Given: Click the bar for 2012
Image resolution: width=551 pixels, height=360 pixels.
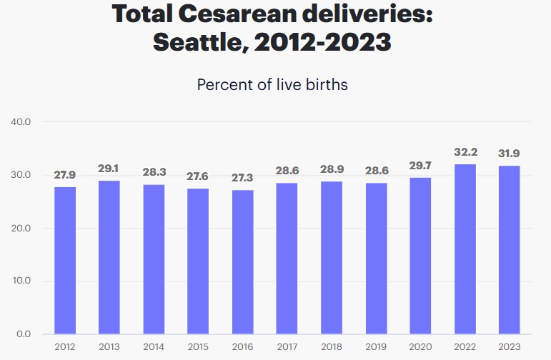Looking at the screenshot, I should point(65,261).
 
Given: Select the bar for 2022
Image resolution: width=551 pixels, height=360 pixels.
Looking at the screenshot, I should point(465,249).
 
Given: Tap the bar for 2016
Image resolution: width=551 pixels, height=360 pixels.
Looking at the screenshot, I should point(242,262).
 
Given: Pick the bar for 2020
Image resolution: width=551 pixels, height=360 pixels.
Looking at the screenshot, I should point(420,256).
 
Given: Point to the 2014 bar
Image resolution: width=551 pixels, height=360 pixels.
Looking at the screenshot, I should point(154,259).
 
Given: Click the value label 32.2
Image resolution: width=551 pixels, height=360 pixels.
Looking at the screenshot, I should point(465,153).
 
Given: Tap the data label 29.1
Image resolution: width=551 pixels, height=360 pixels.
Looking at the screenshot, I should point(109,169).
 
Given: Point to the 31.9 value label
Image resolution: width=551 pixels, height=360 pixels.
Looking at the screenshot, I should point(509,154).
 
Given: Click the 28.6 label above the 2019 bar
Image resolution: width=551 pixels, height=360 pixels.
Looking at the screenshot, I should point(376,172).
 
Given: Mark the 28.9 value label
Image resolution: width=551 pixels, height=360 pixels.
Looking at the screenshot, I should point(332,170).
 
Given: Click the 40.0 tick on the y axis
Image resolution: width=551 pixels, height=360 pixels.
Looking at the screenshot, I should point(21,122).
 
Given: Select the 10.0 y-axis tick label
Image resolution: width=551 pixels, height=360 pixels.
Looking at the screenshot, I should point(21,281).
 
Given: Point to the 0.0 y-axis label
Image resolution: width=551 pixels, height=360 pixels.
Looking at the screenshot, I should point(24,334).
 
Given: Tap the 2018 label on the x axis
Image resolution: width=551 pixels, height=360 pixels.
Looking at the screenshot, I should point(332,347).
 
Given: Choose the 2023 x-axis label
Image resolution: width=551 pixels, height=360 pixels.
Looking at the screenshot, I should point(509,347).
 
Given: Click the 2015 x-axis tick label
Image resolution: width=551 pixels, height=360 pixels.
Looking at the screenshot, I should point(198,347).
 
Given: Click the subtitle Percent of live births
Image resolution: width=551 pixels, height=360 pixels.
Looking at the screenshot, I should point(272,84).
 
